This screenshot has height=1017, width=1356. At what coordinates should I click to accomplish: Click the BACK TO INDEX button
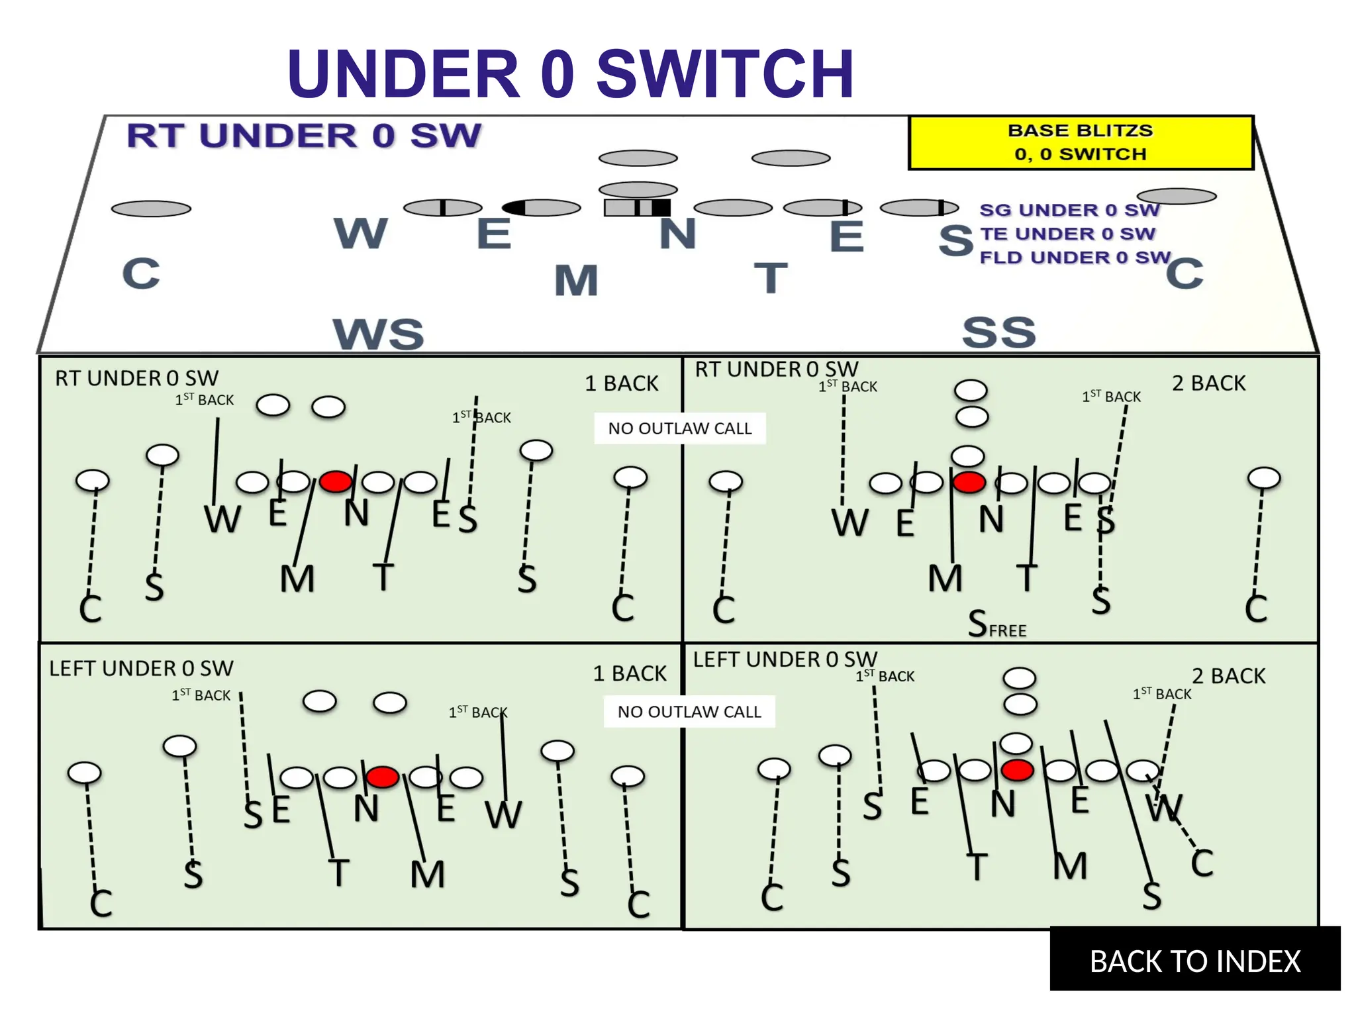tap(1194, 961)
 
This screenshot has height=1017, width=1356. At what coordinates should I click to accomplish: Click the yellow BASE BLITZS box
tap(1081, 142)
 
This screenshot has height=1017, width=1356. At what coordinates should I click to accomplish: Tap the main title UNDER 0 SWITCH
tap(570, 73)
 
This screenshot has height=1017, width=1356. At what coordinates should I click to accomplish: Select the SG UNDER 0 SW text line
tap(1069, 210)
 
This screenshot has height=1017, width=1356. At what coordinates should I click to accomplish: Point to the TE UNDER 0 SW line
tap(1067, 234)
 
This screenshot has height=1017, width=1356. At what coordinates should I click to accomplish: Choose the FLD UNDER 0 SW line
tap(1075, 257)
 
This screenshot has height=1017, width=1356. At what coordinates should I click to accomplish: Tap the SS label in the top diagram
tap(998, 332)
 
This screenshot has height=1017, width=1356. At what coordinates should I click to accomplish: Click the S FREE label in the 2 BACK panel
tap(996, 624)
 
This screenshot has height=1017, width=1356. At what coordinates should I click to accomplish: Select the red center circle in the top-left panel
tap(336, 481)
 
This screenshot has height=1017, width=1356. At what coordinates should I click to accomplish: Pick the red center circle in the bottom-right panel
tap(1018, 770)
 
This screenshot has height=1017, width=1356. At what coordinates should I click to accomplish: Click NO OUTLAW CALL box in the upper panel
tap(680, 428)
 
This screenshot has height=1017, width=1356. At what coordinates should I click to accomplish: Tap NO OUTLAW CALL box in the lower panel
tap(689, 712)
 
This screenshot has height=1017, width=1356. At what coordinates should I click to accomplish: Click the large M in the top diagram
tap(576, 280)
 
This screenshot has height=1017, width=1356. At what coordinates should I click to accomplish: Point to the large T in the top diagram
tap(771, 277)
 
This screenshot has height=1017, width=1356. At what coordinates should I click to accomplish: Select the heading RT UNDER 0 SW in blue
tap(304, 136)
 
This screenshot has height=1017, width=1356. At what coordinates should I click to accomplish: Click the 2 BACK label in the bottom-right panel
tap(1228, 676)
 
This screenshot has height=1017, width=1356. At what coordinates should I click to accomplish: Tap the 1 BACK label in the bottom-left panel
tap(629, 673)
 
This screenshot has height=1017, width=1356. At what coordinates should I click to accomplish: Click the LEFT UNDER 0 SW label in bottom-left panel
tap(141, 668)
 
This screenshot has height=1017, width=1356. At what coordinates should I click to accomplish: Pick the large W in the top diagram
tap(361, 233)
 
